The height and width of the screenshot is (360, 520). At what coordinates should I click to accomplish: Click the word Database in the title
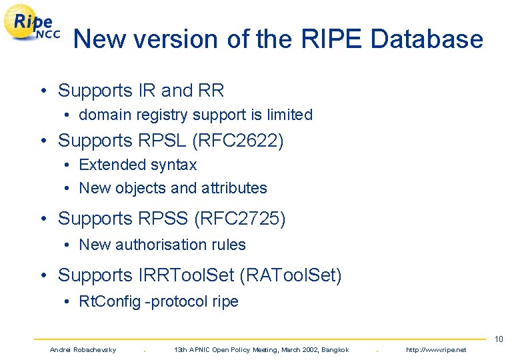tap(427, 39)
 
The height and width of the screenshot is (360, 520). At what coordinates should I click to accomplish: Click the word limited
tap(289, 115)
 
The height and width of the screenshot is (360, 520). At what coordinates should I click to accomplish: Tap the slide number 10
tap(499, 339)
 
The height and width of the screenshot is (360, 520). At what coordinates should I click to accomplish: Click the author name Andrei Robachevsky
tap(83, 350)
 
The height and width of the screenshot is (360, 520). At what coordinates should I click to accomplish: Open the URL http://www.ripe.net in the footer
tap(436, 350)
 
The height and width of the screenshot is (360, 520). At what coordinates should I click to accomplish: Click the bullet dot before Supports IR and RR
tap(42, 91)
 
